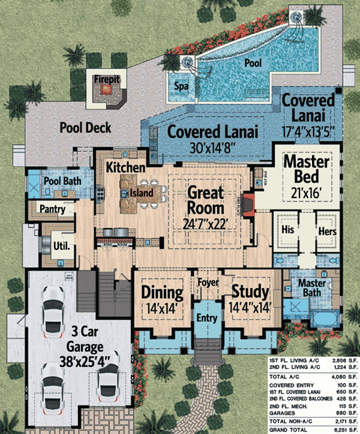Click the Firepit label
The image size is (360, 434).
[x=106, y=79]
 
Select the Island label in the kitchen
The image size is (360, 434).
[x=141, y=193]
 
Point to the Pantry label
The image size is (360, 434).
[x=52, y=208]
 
